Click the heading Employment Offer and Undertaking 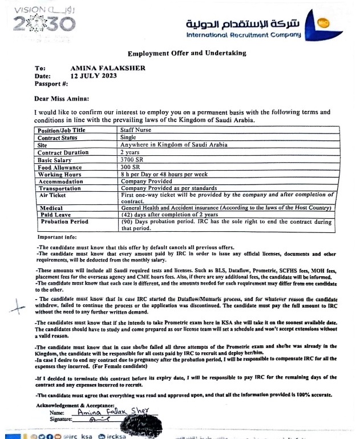pos(187,53)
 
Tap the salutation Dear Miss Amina pos(66,98)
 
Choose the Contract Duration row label pos(63,152)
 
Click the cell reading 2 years pos(130,152)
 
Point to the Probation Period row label pos(64,221)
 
